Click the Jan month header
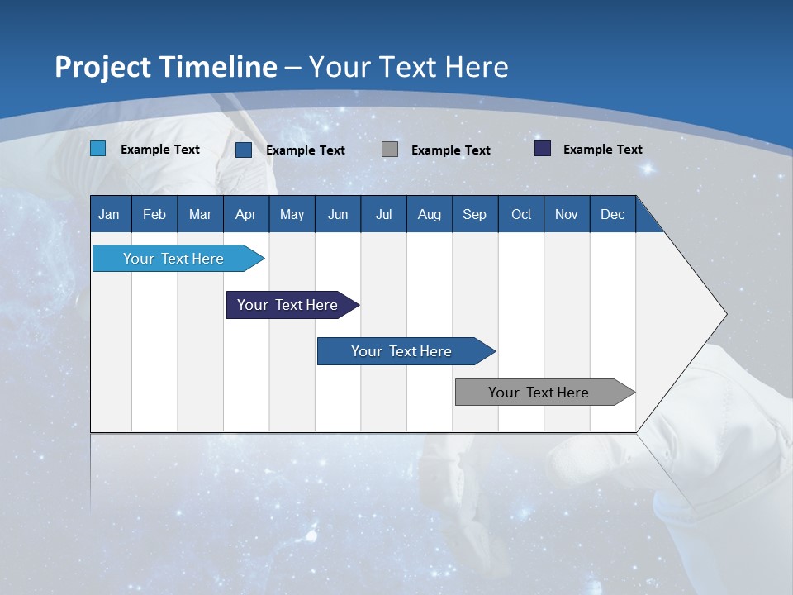tap(109, 214)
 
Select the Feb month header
tap(154, 214)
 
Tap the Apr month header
tap(245, 214)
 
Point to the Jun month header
tap(338, 214)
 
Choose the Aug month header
tap(429, 214)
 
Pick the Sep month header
tap(474, 214)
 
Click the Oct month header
tap(521, 214)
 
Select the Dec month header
tap(612, 214)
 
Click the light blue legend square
tap(98, 149)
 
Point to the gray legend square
tap(390, 149)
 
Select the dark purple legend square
tap(543, 149)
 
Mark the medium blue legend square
tap(244, 150)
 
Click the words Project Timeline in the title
tap(166, 67)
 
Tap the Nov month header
tap(567, 214)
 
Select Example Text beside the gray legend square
tap(450, 150)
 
